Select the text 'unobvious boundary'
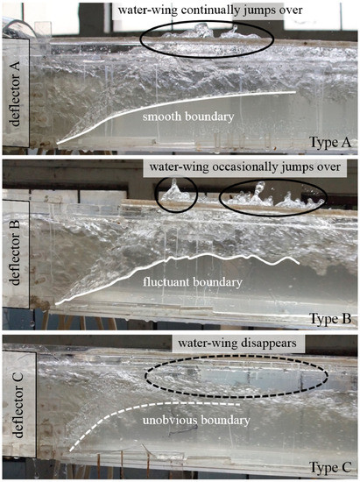click(190, 423)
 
